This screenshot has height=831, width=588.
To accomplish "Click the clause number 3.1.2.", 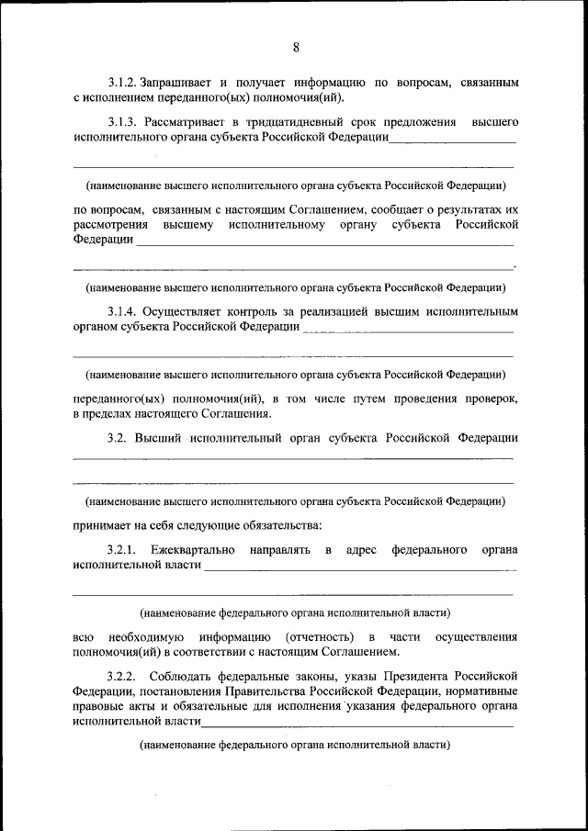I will (x=124, y=83).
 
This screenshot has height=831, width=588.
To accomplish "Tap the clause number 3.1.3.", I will (x=124, y=122).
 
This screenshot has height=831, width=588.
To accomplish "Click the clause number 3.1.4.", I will (x=124, y=312).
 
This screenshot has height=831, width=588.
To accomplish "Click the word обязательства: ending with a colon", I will (x=276, y=526).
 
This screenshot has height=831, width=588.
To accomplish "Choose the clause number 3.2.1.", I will (x=122, y=549).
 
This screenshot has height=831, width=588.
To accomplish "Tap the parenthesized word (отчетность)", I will (x=318, y=636).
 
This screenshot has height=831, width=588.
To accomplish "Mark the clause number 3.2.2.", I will (x=122, y=676).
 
